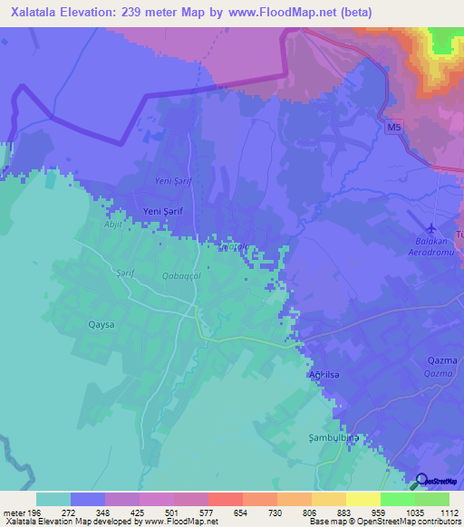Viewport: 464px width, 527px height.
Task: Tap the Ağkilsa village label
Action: point(324,374)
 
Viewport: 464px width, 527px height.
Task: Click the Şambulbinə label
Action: point(328,436)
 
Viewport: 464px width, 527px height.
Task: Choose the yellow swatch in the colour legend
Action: point(362,499)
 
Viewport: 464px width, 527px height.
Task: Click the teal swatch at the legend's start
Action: point(53,499)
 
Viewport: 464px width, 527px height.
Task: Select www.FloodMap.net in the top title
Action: point(284,13)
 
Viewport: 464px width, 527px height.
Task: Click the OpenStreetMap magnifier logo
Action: point(420,482)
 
